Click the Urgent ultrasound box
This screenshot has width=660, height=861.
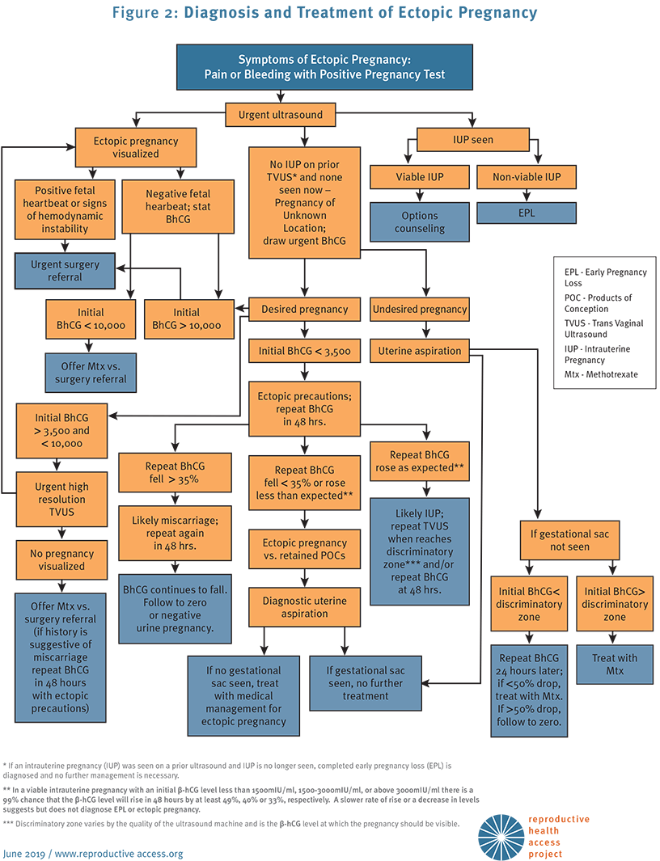281,116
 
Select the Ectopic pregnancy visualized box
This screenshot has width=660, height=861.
136,148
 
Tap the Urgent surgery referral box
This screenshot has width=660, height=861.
65,271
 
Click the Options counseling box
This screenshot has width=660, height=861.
420,222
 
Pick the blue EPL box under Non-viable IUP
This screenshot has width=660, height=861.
527,213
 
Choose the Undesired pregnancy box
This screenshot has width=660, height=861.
420,309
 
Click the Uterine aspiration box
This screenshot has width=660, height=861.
420,351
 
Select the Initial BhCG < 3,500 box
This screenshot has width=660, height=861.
304,351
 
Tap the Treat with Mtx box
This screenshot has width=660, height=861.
615,665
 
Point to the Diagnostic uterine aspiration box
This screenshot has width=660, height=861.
304,607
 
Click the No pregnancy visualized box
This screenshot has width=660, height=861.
61,560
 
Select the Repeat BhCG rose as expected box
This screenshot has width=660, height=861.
420,462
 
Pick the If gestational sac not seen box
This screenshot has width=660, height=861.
570,540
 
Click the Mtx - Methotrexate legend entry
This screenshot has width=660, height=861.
601,374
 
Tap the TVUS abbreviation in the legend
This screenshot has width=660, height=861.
576,323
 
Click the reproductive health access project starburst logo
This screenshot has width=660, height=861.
501,836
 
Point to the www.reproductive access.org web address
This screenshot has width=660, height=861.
119,854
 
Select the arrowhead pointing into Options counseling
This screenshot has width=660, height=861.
420,196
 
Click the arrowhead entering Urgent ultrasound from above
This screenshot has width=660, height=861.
281,98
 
